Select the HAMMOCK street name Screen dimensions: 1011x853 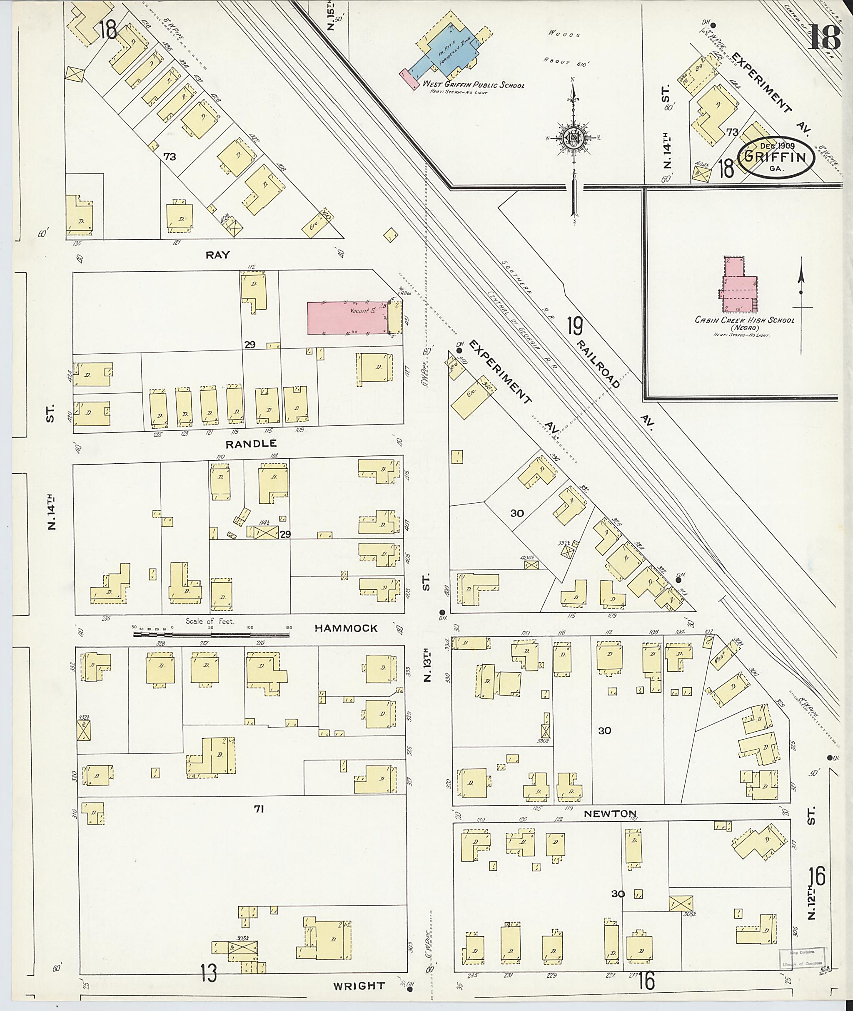coord(346,628)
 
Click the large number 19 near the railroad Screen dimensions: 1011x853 coord(576,326)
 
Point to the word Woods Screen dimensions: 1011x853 coord(564,34)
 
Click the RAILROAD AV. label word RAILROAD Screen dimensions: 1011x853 coord(600,360)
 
